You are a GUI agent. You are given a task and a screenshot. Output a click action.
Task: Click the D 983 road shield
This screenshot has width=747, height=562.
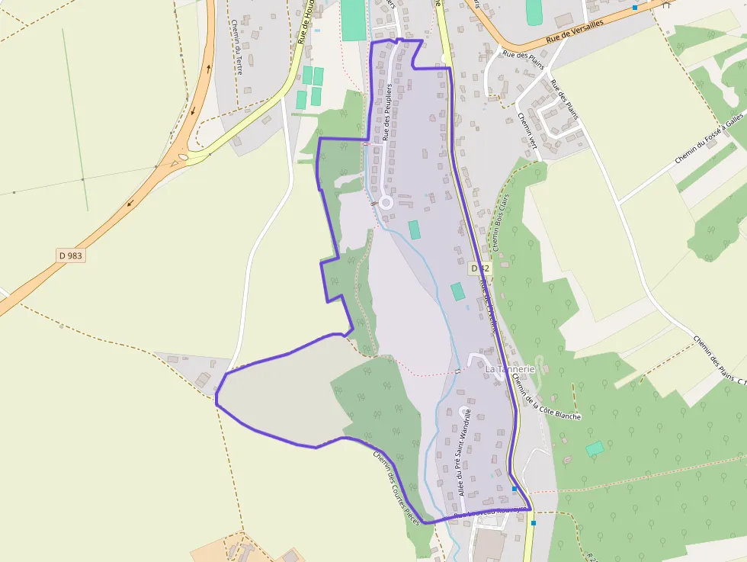tap(70, 255)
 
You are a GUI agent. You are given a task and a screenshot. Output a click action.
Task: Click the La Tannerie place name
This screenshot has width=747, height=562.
tap(510, 369)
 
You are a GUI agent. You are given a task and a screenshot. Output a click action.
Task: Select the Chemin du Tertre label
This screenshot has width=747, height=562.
tap(239, 46)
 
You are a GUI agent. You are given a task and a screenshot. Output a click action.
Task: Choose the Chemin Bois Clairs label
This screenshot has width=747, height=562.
tap(501, 222)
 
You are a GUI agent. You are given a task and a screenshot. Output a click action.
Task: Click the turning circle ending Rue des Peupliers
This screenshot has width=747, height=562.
tap(386, 202)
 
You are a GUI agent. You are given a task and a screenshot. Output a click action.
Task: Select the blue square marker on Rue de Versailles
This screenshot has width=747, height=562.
tap(634, 8)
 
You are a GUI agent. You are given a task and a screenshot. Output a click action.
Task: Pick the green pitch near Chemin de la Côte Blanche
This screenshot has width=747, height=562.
tap(595, 448)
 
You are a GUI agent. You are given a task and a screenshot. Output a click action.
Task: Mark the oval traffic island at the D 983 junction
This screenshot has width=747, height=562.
tap(183, 159)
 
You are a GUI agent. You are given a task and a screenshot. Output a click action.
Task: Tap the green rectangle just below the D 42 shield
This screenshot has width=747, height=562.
tap(457, 291)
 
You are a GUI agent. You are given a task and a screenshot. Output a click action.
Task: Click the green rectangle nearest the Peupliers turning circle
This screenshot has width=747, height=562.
tap(415, 230)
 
